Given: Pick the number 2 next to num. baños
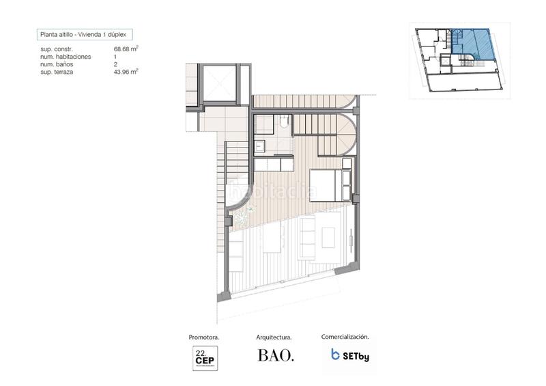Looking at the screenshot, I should (x=116, y=64).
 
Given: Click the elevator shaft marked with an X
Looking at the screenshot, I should (x=218, y=84).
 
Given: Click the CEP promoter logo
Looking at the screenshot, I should (x=203, y=357).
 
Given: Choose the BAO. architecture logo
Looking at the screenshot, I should (x=276, y=356).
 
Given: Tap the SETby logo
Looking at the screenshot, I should (x=349, y=355).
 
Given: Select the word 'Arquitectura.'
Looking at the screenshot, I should (x=274, y=337).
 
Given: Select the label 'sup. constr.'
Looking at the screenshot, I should (x=57, y=49).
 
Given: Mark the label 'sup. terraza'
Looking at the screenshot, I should (x=57, y=71).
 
